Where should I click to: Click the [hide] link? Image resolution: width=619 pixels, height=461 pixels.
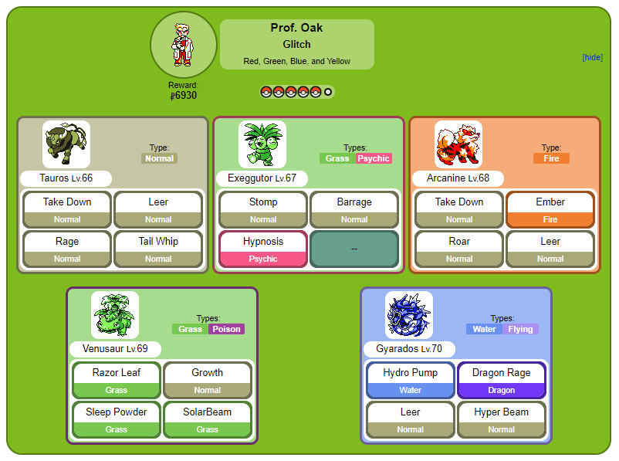click(592, 57)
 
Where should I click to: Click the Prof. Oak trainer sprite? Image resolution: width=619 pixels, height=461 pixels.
click(182, 45)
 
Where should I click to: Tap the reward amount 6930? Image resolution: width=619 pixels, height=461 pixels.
click(185, 96)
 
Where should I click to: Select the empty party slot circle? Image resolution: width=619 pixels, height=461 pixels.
click(328, 92)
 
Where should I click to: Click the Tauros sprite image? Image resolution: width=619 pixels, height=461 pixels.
click(66, 144)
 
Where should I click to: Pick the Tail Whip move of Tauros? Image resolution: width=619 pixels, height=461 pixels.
click(158, 249)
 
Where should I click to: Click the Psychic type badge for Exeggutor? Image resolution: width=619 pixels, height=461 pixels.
click(374, 158)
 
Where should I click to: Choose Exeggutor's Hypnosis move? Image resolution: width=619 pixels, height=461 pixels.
click(263, 249)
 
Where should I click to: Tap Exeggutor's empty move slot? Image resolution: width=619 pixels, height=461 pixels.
click(354, 249)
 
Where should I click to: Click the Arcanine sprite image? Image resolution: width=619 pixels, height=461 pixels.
click(458, 144)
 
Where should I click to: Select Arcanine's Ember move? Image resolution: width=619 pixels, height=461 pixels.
click(550, 210)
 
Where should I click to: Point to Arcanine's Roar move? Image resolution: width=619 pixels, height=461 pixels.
click(459, 249)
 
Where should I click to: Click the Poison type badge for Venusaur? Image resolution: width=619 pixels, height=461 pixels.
click(227, 329)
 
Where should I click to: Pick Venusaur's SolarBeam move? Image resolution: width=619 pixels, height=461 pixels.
click(208, 420)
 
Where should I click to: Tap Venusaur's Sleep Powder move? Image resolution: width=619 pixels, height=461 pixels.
click(116, 420)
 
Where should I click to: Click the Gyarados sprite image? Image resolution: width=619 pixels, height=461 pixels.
click(409, 315)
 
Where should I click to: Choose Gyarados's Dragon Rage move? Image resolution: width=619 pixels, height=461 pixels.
click(502, 381)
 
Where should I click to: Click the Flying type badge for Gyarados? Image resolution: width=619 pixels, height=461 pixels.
click(520, 329)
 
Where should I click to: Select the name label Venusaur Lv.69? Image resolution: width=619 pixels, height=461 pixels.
click(115, 349)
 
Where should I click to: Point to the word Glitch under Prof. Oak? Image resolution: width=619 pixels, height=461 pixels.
click(296, 44)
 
